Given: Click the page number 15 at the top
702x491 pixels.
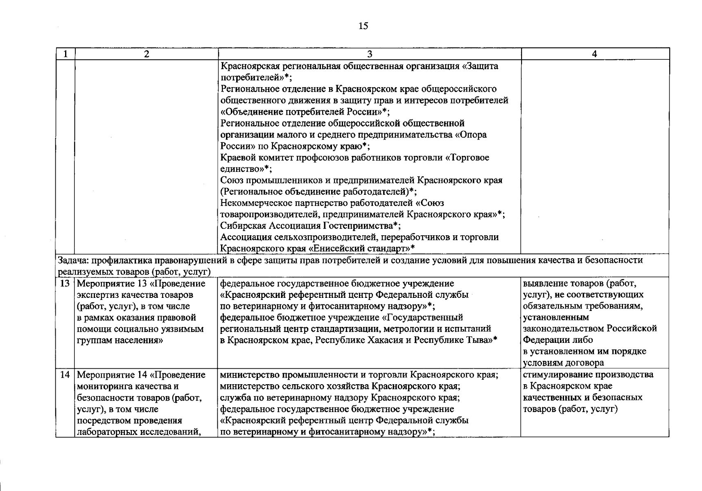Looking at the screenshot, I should click(363, 26).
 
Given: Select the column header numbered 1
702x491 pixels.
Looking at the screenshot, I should click(65, 54).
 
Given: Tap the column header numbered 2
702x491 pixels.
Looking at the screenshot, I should click(146, 54).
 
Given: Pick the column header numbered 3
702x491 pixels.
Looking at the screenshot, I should click(369, 54).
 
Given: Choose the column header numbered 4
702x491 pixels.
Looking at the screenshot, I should click(595, 54).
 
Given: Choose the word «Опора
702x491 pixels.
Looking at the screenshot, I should click(471, 135).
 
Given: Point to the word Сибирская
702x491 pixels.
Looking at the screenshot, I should click(243, 225).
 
